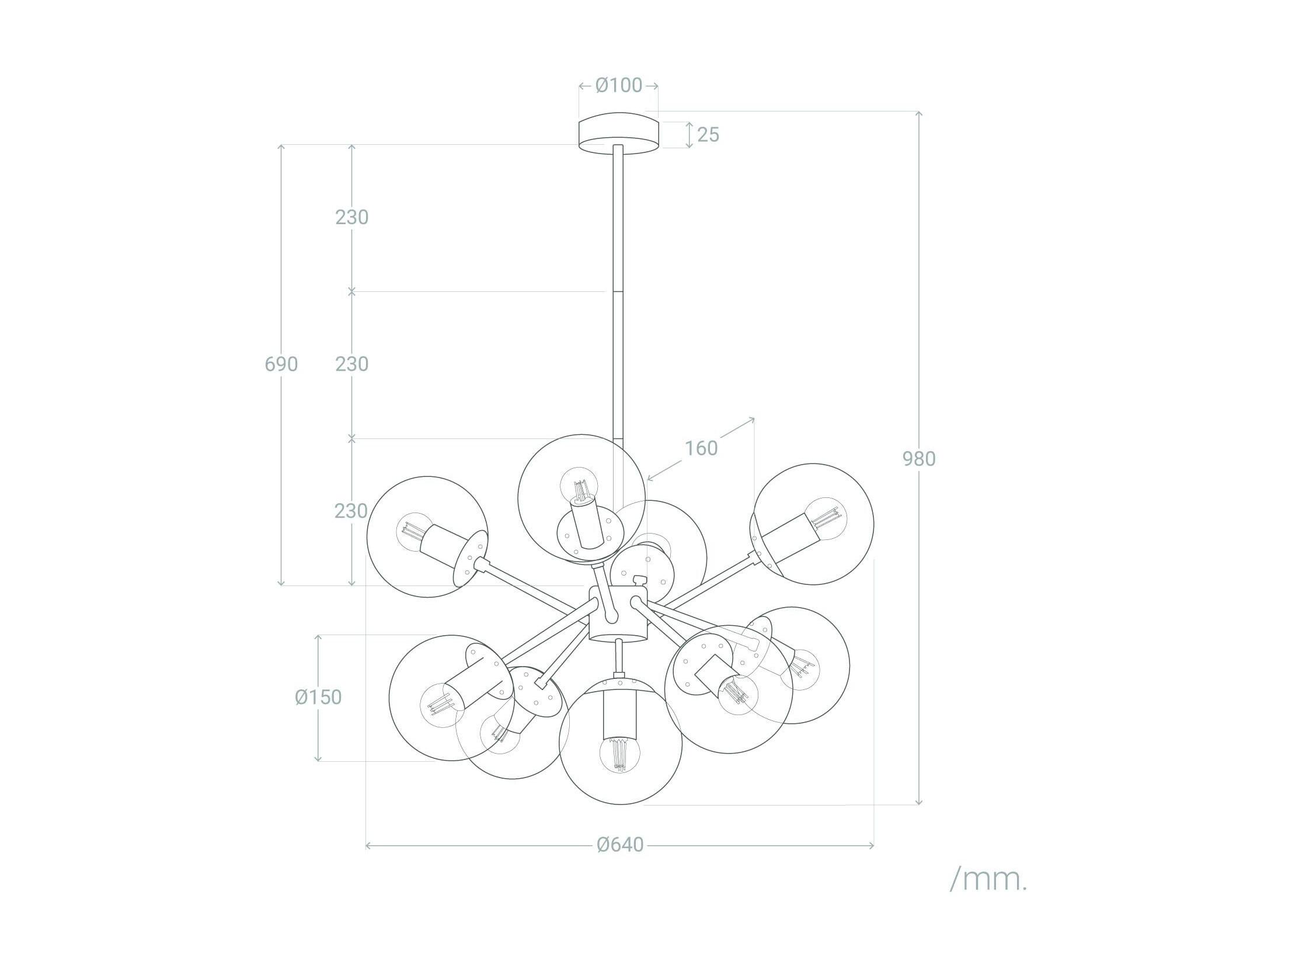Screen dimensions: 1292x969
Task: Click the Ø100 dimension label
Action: pyautogui.click(x=618, y=85)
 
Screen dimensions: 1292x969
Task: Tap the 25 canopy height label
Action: pyautogui.click(x=708, y=135)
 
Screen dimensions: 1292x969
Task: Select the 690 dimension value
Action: pyautogui.click(x=281, y=364)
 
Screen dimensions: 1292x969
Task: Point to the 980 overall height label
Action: pyautogui.click(x=919, y=458)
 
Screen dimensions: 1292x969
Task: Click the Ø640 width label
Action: pyautogui.click(x=619, y=845)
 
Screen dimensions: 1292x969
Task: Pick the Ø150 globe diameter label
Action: pyautogui.click(x=318, y=697)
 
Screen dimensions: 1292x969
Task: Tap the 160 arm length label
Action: pyautogui.click(x=701, y=448)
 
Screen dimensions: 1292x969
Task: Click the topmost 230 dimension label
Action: pyautogui.click(x=351, y=217)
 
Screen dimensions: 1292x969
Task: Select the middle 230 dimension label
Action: pyautogui.click(x=351, y=364)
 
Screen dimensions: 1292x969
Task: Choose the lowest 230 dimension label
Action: pyautogui.click(x=351, y=511)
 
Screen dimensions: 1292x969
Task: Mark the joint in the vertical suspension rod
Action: pyautogui.click(x=618, y=291)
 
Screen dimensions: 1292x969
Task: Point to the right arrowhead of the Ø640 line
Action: pyautogui.click(x=871, y=845)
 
